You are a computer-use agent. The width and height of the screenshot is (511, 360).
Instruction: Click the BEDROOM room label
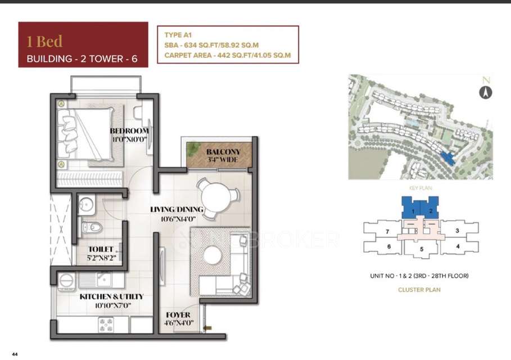tap(129, 131)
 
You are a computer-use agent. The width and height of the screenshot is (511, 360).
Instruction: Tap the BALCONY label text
tap(223, 152)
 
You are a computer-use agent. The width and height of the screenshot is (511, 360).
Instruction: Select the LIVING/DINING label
tap(177, 210)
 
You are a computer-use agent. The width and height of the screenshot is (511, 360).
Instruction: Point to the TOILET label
tap(101, 249)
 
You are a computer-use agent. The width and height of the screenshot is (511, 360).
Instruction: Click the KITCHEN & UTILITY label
tap(111, 296)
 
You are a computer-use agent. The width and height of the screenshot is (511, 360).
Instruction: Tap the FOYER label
tap(178, 314)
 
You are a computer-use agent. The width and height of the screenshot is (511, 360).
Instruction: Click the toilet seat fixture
tap(91, 227)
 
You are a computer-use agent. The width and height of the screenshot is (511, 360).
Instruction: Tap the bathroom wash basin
tap(87, 204)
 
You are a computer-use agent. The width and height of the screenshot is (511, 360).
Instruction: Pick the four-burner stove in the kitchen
tap(107, 323)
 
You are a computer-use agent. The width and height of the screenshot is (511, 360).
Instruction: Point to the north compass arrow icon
tap(486, 92)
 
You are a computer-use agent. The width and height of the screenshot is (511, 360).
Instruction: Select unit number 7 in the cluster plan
tap(387, 231)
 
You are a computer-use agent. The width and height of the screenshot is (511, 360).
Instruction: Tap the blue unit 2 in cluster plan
tap(430, 211)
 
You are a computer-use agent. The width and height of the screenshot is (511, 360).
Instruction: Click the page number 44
tap(14, 354)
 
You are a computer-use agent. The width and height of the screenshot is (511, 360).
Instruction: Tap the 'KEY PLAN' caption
tap(420, 189)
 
